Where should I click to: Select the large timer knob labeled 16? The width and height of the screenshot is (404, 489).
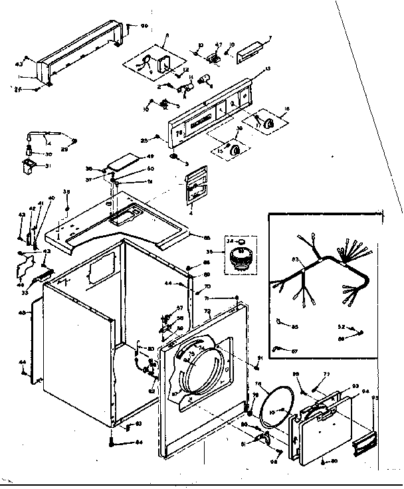click(x=269, y=122)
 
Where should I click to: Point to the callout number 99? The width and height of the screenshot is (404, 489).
click(x=144, y=26)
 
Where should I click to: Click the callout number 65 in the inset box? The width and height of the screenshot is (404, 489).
click(x=295, y=326)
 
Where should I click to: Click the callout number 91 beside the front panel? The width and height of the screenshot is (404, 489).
click(x=261, y=359)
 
